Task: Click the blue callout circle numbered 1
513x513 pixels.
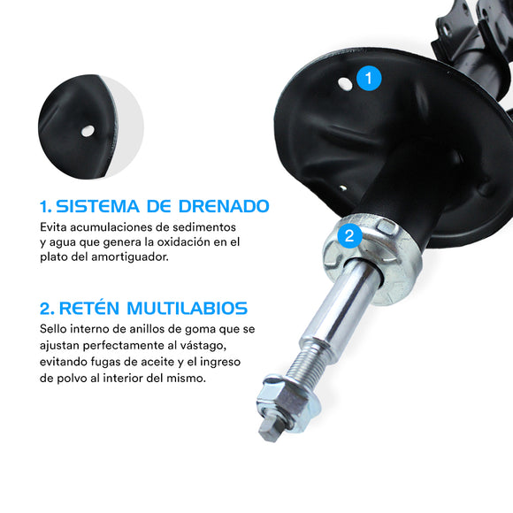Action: [x=369, y=79]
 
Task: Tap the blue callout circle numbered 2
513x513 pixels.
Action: [x=349, y=235]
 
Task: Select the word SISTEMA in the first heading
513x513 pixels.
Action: [x=96, y=206]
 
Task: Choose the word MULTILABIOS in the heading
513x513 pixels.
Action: [x=188, y=308]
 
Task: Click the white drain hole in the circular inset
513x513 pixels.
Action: [x=87, y=131]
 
